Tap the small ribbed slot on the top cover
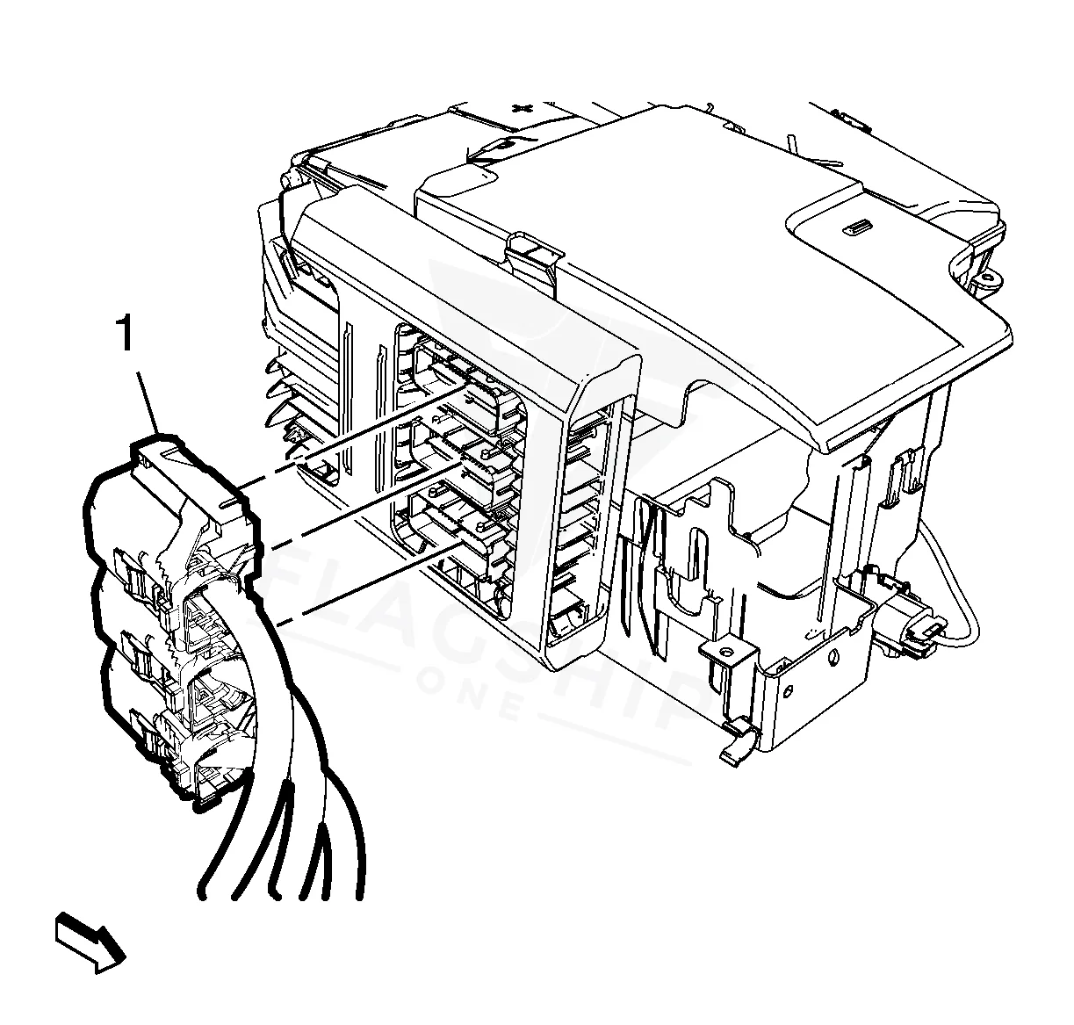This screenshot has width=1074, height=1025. [857, 227]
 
